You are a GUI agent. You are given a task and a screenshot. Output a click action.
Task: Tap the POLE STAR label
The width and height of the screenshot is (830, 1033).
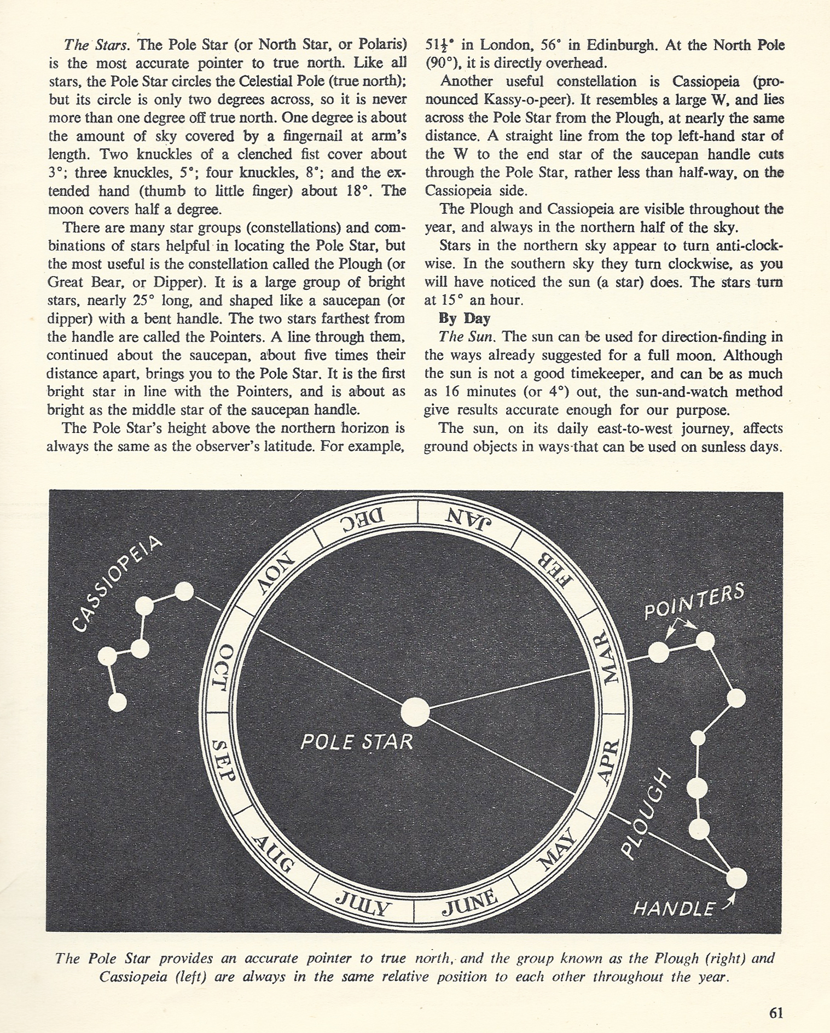[x=357, y=742]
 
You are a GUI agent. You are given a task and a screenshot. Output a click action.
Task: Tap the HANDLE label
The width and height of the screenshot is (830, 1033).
[x=674, y=909]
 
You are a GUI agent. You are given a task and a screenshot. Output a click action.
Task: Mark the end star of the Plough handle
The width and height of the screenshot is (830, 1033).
[x=736, y=878]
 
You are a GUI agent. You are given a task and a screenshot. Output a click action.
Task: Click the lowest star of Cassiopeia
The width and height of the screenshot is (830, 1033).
[x=117, y=703]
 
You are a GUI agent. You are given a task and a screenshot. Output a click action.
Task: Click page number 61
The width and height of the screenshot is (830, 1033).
[x=776, y=1013]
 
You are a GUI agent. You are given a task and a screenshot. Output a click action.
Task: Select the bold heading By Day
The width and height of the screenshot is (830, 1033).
[x=464, y=318]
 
